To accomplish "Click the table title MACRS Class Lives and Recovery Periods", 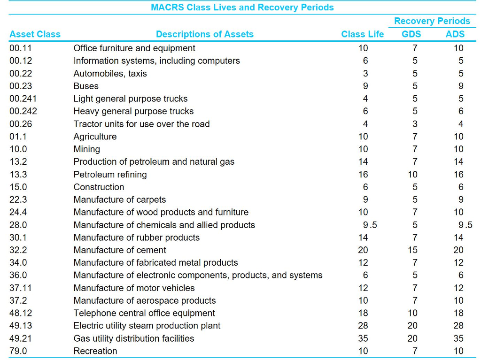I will [x=242, y=8].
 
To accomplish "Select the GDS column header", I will [x=411, y=34].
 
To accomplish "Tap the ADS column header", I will [x=455, y=34].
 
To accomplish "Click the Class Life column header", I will [x=362, y=34].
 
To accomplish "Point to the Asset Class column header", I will [x=35, y=34].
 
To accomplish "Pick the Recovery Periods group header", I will [x=432, y=21].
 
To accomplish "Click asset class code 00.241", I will [x=23, y=99].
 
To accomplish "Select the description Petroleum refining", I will [x=110, y=175].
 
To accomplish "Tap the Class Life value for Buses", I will [x=365, y=86].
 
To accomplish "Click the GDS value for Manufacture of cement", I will [x=412, y=250].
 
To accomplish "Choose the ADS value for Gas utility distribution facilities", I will [x=458, y=338].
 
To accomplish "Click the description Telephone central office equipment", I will [x=144, y=313].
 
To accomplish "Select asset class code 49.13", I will [x=21, y=326].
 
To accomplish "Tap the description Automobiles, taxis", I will [x=110, y=73].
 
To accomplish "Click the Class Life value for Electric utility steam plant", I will [x=363, y=326].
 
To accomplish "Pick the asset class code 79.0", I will [x=18, y=351].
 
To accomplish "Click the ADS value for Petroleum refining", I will [x=458, y=175].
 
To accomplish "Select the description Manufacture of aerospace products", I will [x=145, y=300].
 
